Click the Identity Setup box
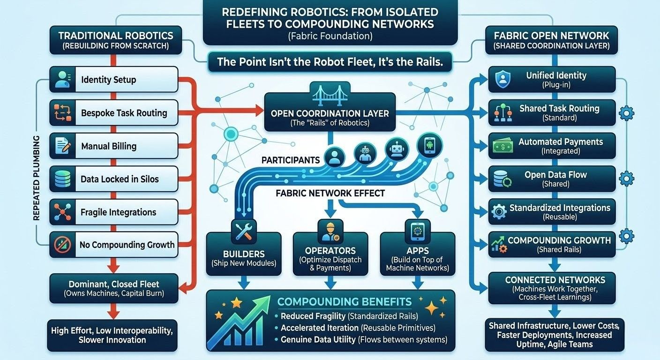(x=113, y=79)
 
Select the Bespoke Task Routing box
(x=113, y=112)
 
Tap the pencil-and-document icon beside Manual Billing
(x=62, y=146)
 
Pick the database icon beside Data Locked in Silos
(x=62, y=179)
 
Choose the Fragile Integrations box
(x=113, y=212)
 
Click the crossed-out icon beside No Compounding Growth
(x=62, y=245)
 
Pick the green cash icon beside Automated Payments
(x=502, y=146)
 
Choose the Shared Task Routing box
(x=552, y=112)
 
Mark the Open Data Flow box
(x=552, y=179)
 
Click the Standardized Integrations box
(x=552, y=212)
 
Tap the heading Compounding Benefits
(x=344, y=301)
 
